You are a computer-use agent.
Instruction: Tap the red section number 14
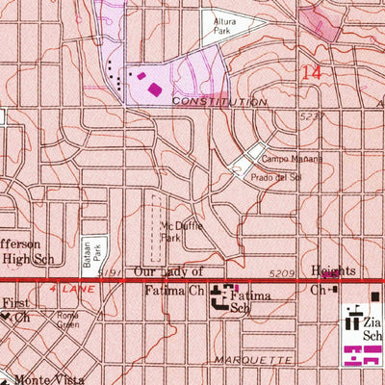point(310,72)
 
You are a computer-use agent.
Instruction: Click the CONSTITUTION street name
point(219,102)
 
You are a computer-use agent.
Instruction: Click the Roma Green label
point(66,321)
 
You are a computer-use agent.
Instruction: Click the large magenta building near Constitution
point(154,89)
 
